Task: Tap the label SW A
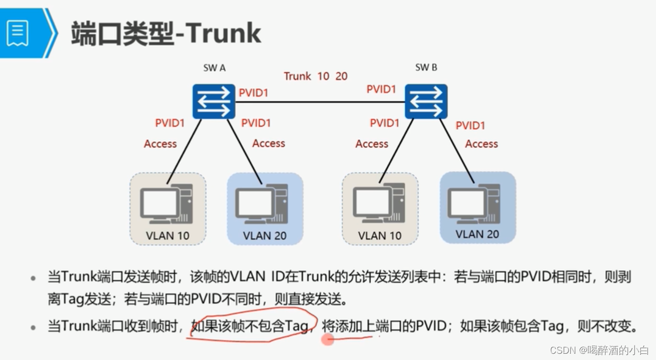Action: click(x=214, y=68)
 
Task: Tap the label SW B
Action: click(x=426, y=68)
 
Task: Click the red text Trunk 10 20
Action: click(x=316, y=76)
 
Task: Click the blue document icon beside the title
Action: click(x=18, y=33)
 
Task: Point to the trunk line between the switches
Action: click(x=320, y=102)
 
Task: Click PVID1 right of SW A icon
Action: click(x=254, y=93)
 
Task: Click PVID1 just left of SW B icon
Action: click(x=382, y=89)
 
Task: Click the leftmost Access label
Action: click(x=160, y=144)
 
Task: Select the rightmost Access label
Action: click(x=481, y=144)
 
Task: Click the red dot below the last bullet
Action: click(x=328, y=340)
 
